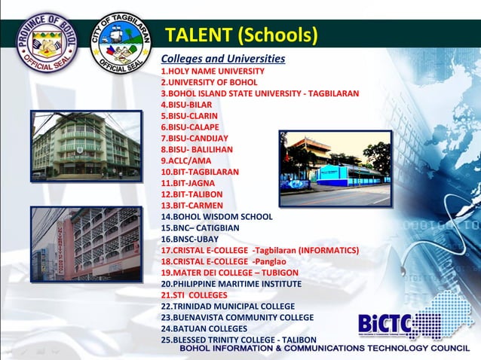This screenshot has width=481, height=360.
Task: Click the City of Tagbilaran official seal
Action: coord(120,41)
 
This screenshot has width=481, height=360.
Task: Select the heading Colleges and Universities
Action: coord(222,59)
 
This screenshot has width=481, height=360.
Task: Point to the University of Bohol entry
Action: coord(209,82)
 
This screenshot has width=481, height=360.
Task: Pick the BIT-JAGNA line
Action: coord(188,183)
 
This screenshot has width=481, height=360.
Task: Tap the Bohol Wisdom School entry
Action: coord(216,217)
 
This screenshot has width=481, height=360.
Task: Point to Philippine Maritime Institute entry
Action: coord(231,284)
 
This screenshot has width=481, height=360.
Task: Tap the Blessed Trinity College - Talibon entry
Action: coord(238,340)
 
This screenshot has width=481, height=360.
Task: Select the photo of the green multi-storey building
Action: coord(87,147)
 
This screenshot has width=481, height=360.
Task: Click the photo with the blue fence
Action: coord(335,168)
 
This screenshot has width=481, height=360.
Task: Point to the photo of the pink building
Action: coord(87,244)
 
